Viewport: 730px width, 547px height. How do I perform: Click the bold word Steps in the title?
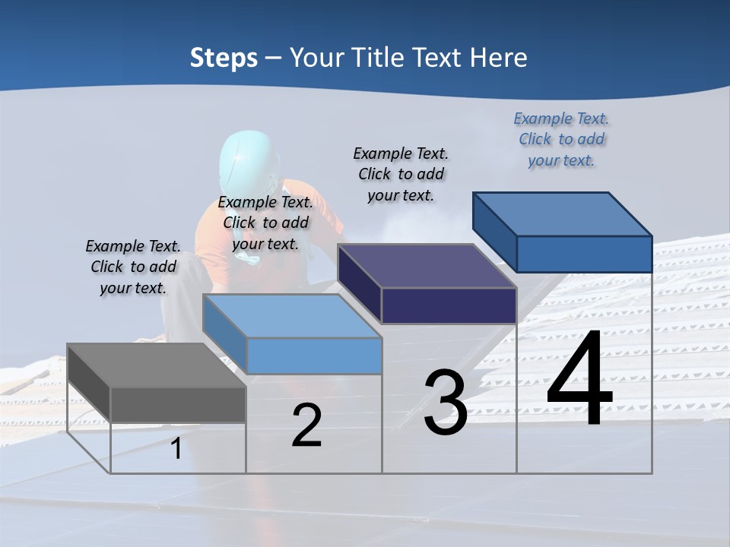click(x=224, y=58)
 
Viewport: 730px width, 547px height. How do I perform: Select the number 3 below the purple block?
click(x=445, y=403)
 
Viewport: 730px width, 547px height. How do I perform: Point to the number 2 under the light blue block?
click(x=306, y=426)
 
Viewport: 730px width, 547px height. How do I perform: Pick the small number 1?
click(x=176, y=449)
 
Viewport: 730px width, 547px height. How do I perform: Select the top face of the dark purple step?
click(x=427, y=267)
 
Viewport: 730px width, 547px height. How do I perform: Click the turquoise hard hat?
click(x=246, y=160)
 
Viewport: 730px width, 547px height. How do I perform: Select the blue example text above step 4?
click(x=561, y=140)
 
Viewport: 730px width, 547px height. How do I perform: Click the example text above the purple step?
click(x=401, y=174)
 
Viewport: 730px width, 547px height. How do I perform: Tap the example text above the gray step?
click(x=133, y=267)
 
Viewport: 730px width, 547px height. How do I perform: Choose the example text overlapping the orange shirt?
click(x=265, y=223)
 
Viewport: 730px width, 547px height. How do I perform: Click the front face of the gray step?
click(x=178, y=404)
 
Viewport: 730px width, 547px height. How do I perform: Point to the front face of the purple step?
click(x=449, y=306)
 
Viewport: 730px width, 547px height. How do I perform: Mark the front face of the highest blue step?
click(x=584, y=254)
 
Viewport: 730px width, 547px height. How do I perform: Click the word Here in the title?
click(x=499, y=58)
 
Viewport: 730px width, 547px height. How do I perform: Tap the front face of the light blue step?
click(x=314, y=356)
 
